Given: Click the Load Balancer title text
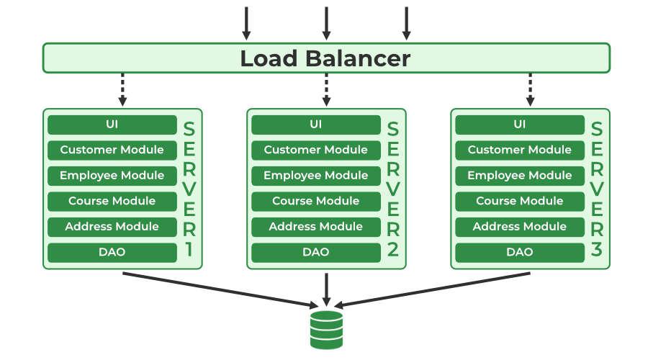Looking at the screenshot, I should tap(325, 58).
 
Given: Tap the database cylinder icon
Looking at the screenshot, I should tap(326, 329).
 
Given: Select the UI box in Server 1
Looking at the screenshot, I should tap(112, 125).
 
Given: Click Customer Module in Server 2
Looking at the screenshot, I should tap(315, 150).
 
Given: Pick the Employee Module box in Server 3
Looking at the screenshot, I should tap(519, 176).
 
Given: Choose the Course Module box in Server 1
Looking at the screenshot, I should tap(112, 201).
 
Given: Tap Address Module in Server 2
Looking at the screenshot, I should tap(315, 227).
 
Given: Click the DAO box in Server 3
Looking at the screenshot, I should tap(519, 252).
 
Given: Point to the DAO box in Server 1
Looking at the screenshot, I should tap(112, 252).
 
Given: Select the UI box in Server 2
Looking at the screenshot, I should tap(315, 125).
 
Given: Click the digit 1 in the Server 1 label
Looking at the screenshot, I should tap(189, 251).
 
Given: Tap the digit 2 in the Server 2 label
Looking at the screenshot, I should tap(393, 251).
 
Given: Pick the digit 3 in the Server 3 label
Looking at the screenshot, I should tap(597, 251).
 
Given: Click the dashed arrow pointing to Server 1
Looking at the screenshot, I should tap(122, 89).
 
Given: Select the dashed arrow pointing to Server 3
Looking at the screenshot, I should tap(530, 89).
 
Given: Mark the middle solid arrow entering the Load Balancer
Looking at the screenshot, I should tap(326, 23).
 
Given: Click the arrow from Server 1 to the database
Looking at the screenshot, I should tap(216, 288).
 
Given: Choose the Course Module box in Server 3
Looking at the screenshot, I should tap(519, 201).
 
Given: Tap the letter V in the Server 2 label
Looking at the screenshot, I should tap(393, 190).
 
